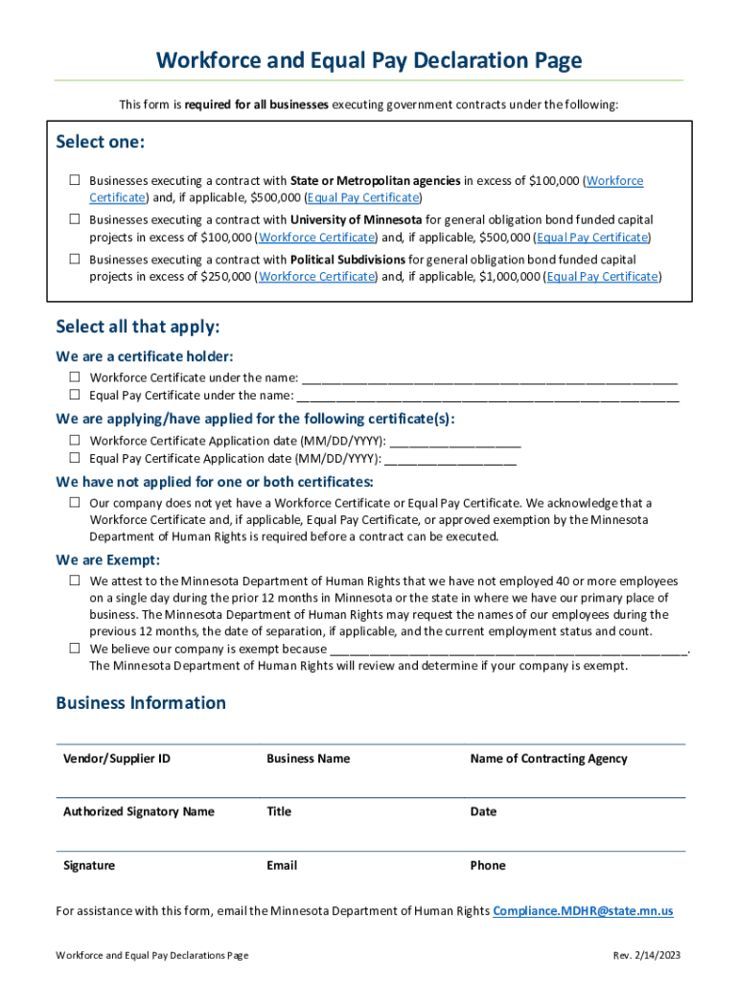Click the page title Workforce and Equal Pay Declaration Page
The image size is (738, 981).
pyautogui.click(x=369, y=61)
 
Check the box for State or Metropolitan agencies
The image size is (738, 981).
pyautogui.click(x=75, y=180)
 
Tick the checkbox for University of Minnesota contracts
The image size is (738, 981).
pyautogui.click(x=75, y=219)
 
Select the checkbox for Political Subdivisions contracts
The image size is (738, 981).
pyautogui.click(x=75, y=259)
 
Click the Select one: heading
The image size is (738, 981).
pyautogui.click(x=101, y=143)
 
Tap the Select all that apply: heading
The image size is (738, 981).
pyautogui.click(x=138, y=327)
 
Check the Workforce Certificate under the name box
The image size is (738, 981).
pyautogui.click(x=75, y=377)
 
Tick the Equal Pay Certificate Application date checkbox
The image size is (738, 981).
pyautogui.click(x=75, y=458)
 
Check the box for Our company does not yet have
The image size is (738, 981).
pyautogui.click(x=75, y=502)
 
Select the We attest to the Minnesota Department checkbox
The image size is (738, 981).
pyautogui.click(x=75, y=581)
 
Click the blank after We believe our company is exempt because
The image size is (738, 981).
pyautogui.click(x=508, y=649)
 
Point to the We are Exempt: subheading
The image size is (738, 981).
pyautogui.click(x=107, y=559)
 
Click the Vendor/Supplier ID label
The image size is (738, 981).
pyautogui.click(x=117, y=759)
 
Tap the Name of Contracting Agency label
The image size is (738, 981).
pyautogui.click(x=548, y=759)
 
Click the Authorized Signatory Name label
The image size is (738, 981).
pyautogui.click(x=139, y=811)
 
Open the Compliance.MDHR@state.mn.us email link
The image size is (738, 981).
pyautogui.click(x=583, y=911)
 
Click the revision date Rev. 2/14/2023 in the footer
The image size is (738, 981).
pyautogui.click(x=647, y=956)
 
